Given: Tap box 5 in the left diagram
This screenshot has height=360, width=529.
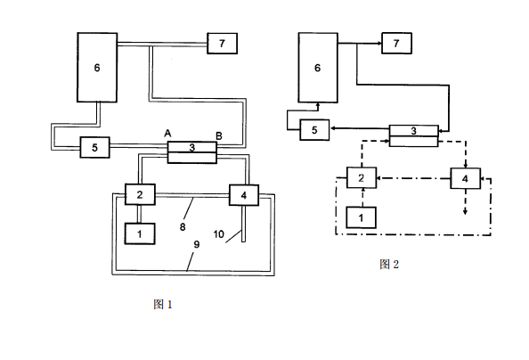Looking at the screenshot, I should click(x=94, y=147).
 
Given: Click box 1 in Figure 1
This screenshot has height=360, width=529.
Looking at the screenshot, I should click(x=141, y=232).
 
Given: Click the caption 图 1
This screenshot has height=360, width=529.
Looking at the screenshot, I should click(x=162, y=305).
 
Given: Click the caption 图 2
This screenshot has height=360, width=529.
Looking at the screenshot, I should click(x=389, y=264).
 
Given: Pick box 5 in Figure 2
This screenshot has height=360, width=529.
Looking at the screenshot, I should click(x=313, y=130).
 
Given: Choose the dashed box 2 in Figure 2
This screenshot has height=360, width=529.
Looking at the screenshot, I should click(x=361, y=178).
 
